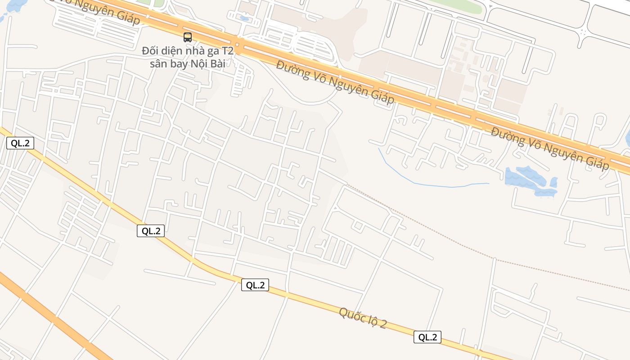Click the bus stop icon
pyautogui.click(x=188, y=37)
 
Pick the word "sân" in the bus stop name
pyautogui.click(x=158, y=63)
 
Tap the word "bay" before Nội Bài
pyautogui.click(x=181, y=63)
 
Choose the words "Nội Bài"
pyautogui.click(x=210, y=63)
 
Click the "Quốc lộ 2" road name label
pyautogui.click(x=363, y=318)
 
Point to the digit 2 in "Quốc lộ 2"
pyautogui.click(x=382, y=325)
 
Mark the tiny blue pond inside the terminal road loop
pyautogui.click(x=244, y=18)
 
